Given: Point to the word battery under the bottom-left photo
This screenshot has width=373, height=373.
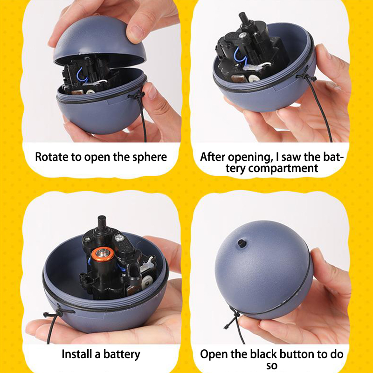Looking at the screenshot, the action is (x=122, y=355).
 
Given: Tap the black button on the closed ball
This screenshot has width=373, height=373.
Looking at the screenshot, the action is (x=242, y=243).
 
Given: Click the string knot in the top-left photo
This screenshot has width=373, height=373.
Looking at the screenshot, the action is (x=136, y=96).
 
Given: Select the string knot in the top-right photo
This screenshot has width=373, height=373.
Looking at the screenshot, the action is (x=305, y=76).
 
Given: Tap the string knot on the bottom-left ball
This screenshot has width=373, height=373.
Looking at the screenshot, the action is (x=58, y=313).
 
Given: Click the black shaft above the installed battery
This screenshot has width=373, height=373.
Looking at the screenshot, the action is (x=102, y=223).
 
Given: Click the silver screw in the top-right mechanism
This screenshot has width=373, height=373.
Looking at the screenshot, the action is (x=242, y=36).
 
